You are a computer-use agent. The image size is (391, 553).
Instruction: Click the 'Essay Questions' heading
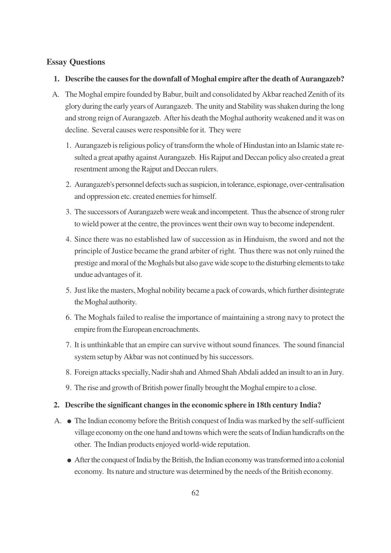(76, 62)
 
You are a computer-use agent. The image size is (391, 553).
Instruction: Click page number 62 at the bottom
(195, 493)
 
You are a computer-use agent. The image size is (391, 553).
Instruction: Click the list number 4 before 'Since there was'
(68, 239)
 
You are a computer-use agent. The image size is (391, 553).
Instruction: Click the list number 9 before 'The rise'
(68, 388)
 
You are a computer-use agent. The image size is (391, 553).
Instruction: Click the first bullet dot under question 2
(69, 422)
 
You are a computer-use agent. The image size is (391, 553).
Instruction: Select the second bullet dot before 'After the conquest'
(69, 461)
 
